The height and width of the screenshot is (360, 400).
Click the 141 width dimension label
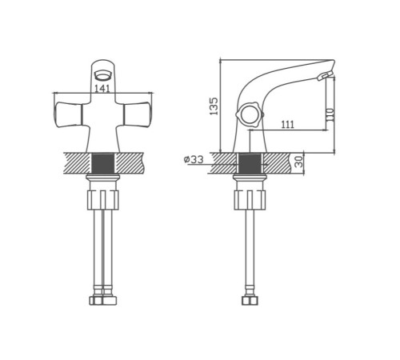pyautogui.click(x=102, y=89)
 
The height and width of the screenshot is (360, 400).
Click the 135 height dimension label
pyautogui.click(x=214, y=106)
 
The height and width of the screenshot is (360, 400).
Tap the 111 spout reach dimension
pyautogui.click(x=288, y=124)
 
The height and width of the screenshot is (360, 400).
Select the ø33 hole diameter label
pyautogui.click(x=194, y=159)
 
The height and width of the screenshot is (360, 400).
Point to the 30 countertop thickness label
pyautogui.click(x=299, y=162)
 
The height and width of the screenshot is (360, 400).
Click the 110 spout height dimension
pyautogui.click(x=330, y=114)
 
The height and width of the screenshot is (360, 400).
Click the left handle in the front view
pyautogui.click(x=68, y=114)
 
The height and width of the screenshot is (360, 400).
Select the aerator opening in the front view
pyautogui.click(x=102, y=75)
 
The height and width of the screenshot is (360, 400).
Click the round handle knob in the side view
pyautogui.click(x=250, y=114)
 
